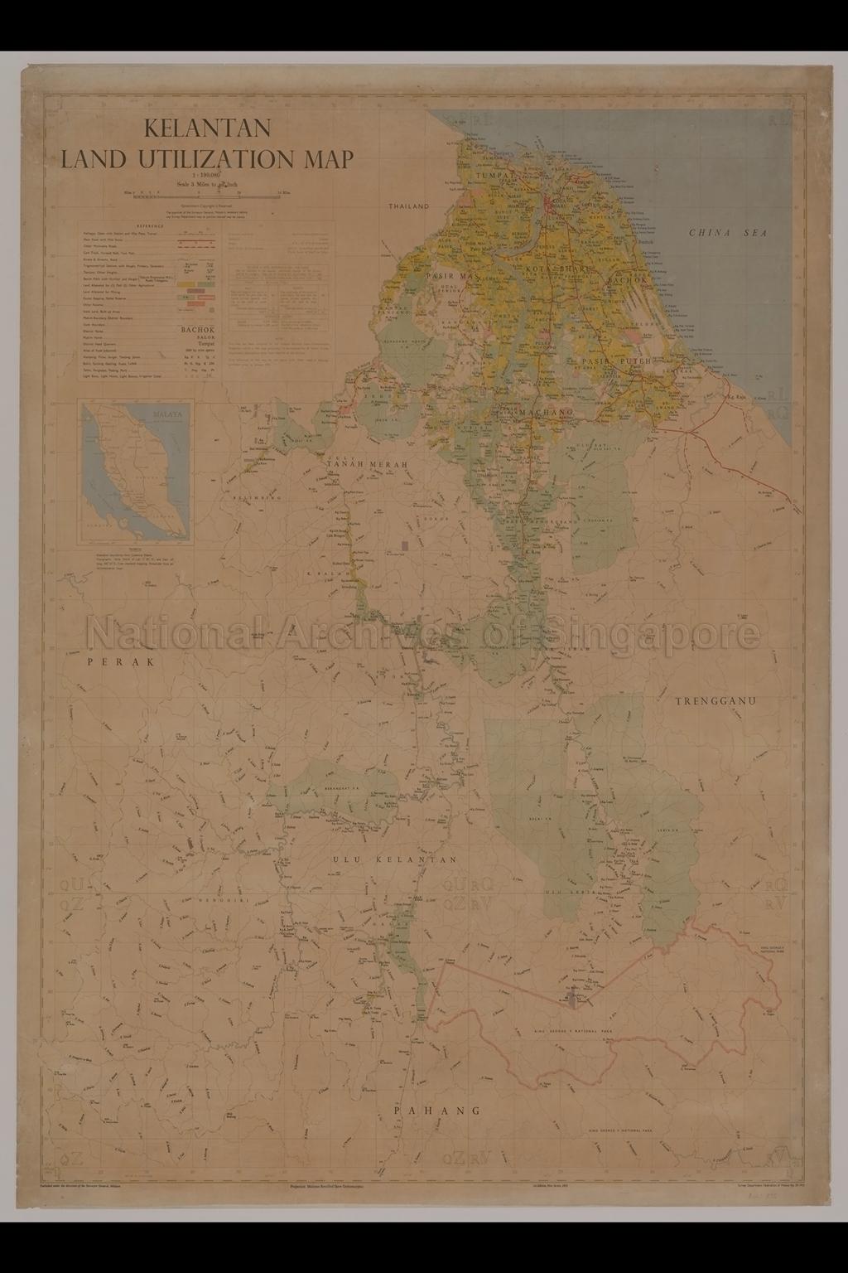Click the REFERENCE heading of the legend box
point(150,225)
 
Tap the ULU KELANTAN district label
point(394,860)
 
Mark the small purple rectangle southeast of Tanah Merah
point(404,545)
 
